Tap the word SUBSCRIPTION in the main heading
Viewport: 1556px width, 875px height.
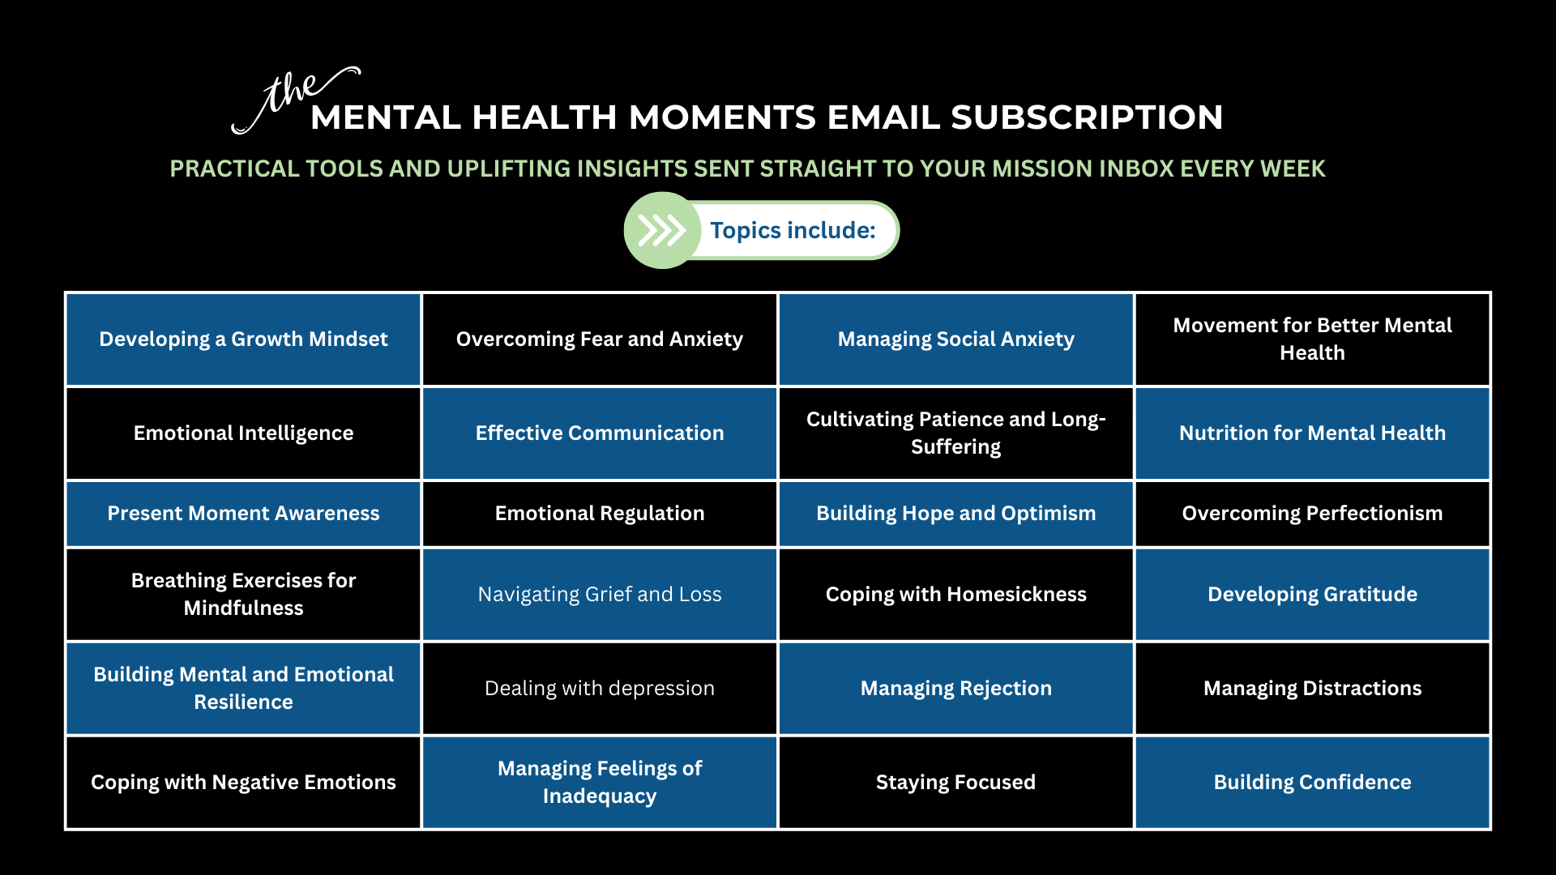coord(1087,117)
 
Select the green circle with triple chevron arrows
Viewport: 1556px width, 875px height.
coord(662,230)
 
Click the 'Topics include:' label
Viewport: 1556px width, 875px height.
coord(793,230)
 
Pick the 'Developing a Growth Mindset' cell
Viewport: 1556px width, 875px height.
coord(243,339)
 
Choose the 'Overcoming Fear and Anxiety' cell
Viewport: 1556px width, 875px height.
coord(600,339)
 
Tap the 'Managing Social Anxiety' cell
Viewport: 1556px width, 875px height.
coord(956,339)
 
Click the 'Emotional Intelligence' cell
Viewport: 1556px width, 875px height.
coord(243,433)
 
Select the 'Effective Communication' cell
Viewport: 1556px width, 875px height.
coord(600,433)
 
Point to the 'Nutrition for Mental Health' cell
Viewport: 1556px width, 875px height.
coord(1313,433)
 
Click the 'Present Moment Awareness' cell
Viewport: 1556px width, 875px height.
coord(243,513)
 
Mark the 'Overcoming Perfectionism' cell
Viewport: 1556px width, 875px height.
coord(1313,513)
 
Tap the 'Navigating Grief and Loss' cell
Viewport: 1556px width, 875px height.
coord(600,594)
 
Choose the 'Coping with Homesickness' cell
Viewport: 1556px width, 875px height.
coord(956,594)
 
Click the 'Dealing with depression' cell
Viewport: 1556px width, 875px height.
coord(600,688)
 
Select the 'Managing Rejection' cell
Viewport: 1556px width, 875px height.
coord(956,688)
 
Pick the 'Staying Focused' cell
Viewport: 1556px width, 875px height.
coord(956,782)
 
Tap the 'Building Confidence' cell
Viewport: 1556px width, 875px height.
coord(1313,782)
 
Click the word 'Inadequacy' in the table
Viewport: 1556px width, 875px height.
coord(600,796)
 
